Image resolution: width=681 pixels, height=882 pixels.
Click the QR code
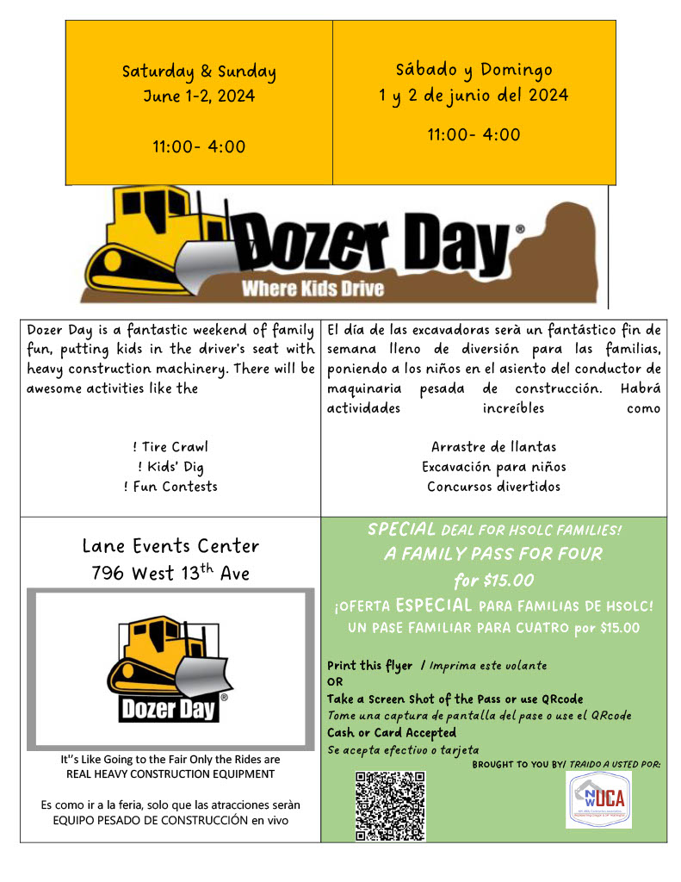pos(390,805)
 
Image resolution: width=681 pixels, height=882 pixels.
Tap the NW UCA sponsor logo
pos(598,799)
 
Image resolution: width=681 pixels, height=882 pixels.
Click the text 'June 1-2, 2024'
pos(199,96)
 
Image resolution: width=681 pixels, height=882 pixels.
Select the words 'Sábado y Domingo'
pos(474,70)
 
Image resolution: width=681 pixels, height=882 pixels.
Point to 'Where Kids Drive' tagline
pos(313,289)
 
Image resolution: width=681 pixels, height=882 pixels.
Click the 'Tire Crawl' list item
pos(170,447)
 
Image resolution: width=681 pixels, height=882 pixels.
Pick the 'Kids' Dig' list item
pos(170,467)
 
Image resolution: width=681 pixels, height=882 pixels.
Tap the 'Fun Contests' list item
pos(170,487)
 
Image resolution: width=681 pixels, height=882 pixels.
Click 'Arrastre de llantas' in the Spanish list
pos(493,447)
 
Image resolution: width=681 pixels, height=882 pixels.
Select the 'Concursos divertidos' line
pos(493,487)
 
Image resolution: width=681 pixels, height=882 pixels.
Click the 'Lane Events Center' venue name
pos(170,546)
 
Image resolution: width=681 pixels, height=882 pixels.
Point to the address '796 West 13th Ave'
pos(170,573)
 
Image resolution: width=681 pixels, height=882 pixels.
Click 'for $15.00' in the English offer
pos(493,580)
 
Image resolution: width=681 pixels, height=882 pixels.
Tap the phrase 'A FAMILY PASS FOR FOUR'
pos(493,554)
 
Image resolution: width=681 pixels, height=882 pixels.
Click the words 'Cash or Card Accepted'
pos(392,733)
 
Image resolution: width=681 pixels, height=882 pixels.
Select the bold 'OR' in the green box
pos(335,681)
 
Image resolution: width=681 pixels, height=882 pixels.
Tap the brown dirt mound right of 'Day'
pos(560,250)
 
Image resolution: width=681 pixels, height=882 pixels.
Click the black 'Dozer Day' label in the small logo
pos(170,710)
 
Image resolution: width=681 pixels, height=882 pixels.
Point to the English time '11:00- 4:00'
pos(199,146)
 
